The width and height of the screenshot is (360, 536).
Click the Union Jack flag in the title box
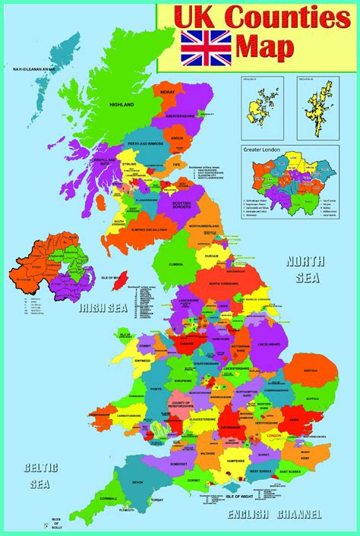[x=206, y=47]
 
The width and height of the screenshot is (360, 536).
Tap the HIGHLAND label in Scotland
[x=122, y=104]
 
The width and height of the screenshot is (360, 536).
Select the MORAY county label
[x=168, y=92]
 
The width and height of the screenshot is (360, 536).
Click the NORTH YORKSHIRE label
[x=228, y=283]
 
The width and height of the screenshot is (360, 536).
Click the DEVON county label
[x=137, y=482]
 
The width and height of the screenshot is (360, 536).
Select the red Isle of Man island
[x=118, y=282]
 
